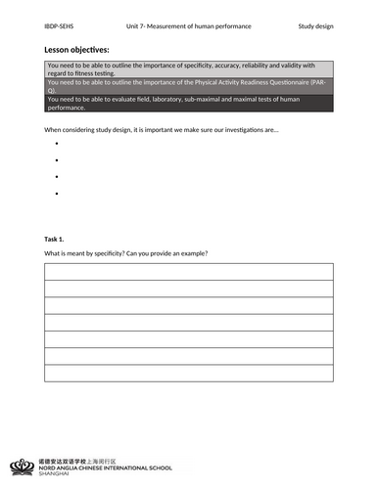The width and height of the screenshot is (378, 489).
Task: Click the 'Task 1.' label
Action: point(55,239)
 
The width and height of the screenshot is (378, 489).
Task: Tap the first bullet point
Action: point(58,143)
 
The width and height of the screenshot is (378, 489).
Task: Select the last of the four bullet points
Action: point(58,195)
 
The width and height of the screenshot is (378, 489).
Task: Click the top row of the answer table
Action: point(188,272)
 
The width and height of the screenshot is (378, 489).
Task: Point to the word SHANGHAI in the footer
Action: point(61,472)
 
